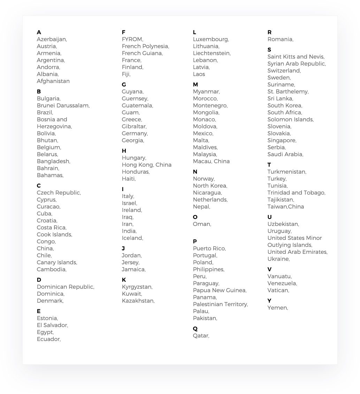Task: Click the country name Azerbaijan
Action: click(52, 39)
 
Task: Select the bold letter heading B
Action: click(39, 92)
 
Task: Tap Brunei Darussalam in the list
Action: click(63, 106)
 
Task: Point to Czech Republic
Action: click(59, 193)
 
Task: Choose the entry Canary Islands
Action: click(56, 263)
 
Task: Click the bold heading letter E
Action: click(39, 311)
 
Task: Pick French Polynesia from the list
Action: click(145, 46)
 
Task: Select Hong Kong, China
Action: click(146, 165)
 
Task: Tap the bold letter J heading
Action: click(123, 249)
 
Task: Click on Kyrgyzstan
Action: click(137, 287)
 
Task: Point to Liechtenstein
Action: click(211, 53)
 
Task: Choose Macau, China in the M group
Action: click(211, 161)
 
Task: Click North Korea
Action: click(209, 186)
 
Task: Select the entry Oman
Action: click(201, 224)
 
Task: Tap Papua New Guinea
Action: click(219, 290)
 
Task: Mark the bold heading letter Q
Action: click(195, 329)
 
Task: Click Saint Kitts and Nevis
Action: click(296, 57)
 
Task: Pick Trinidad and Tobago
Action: click(296, 193)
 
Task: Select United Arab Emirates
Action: click(297, 252)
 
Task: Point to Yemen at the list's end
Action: click(277, 308)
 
